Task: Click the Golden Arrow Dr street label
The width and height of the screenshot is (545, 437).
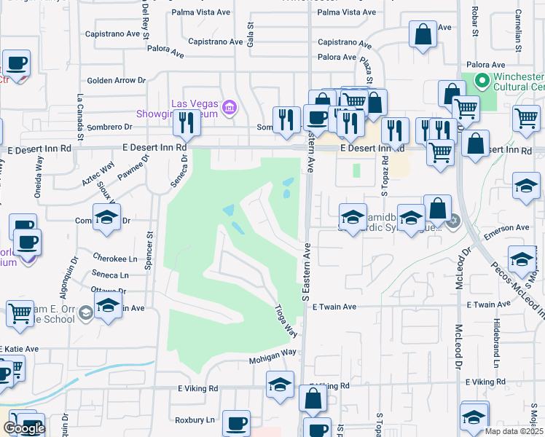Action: pos(117,80)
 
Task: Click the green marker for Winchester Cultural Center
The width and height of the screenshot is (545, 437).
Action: pos(481,80)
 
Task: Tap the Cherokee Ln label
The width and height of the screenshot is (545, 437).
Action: pos(115,259)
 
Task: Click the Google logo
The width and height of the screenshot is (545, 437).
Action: pos(24,428)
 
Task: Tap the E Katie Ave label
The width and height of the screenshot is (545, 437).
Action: pos(20,350)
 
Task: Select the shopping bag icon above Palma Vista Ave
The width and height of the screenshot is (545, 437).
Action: pos(423,34)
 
